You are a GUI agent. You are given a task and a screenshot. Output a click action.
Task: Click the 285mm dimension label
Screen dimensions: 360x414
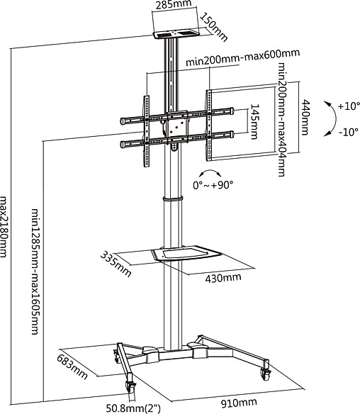point(173,4)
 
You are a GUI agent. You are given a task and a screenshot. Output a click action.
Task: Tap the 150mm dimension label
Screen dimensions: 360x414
point(213,27)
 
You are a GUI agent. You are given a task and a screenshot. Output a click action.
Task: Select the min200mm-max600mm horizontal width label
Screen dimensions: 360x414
point(243,57)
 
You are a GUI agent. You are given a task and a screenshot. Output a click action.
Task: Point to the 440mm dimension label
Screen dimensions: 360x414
point(305,117)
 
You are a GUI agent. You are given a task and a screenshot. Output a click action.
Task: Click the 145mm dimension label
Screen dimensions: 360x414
point(254,121)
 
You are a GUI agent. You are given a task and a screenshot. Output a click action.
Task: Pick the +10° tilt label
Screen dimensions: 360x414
point(349,106)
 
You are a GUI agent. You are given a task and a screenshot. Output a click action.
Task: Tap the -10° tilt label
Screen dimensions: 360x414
point(349,131)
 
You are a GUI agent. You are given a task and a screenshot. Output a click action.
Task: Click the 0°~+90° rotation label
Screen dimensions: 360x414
point(213,185)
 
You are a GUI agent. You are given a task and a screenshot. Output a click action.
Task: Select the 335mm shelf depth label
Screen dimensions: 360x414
point(116,264)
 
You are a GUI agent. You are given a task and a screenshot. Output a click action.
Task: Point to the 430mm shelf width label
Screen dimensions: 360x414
point(223,278)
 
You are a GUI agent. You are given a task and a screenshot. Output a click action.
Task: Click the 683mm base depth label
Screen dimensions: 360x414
point(72,367)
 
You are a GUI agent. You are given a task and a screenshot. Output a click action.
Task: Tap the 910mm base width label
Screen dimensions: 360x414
point(239,403)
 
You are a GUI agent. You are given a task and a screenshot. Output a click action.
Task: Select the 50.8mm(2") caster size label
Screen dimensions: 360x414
point(133,408)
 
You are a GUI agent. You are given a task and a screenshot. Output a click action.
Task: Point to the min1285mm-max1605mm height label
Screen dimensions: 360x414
point(35,272)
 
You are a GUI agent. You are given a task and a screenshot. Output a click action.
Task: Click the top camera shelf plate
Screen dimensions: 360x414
point(176,35)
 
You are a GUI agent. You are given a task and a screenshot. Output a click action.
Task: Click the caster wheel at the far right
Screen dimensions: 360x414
point(266,373)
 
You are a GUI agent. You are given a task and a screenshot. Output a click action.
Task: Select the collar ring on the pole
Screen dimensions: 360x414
point(173,198)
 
